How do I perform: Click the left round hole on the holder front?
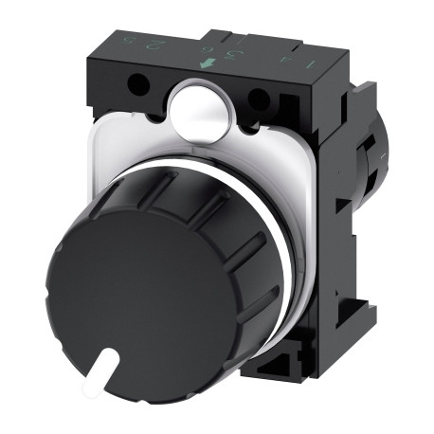click(141, 88)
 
